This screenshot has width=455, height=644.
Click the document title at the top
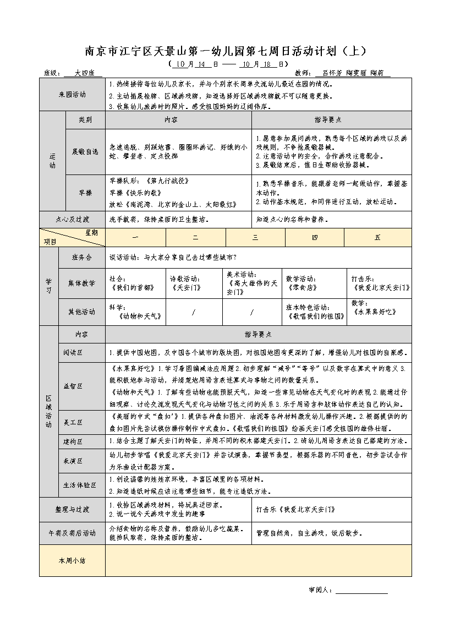pos(225,51)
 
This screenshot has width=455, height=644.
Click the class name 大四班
pos(84,73)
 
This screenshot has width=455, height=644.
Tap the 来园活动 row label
pos(72,95)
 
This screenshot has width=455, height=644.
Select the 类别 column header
pos(85,119)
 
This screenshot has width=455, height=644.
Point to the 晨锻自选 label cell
pos(85,151)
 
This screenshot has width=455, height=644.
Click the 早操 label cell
pos(85,192)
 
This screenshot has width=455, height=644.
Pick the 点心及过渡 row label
pos(72,219)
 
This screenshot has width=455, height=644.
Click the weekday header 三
pos(255,237)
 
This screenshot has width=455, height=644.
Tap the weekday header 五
pos(377,237)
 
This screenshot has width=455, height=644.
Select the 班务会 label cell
pos(81,258)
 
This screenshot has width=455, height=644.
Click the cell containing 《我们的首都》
pos(135,283)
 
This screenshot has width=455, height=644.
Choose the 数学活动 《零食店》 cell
pos(315,283)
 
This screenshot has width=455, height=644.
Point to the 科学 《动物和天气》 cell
pos(135,312)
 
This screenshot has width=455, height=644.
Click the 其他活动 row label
pos(81,312)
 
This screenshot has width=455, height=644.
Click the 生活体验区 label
pos(81,485)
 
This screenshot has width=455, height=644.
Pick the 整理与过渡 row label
pos(72,510)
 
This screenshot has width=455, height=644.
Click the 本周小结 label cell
pos(72,560)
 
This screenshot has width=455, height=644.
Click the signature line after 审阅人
pos(361,590)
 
